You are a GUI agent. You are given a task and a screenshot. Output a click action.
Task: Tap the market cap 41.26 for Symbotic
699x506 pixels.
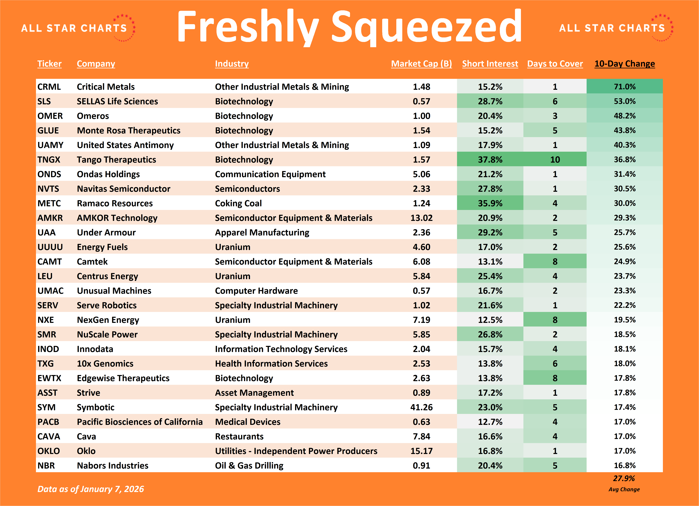click(421, 407)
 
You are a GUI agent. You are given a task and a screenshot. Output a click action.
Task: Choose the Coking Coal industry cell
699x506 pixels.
click(238, 203)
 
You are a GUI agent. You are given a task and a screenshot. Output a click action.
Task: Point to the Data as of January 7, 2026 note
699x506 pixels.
click(91, 489)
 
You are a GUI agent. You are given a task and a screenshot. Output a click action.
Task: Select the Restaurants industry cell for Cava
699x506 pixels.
click(239, 436)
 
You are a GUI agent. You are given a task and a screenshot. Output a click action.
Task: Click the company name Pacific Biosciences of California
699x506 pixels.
click(140, 422)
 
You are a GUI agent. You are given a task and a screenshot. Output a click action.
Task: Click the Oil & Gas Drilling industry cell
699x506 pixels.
click(249, 466)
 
